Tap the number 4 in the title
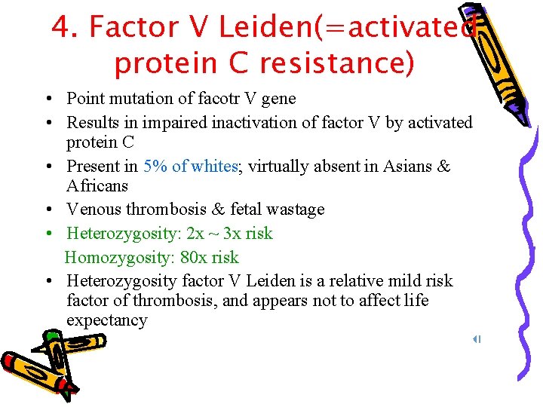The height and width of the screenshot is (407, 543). [x=61, y=28]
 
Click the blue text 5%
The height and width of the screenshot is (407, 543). [x=155, y=167]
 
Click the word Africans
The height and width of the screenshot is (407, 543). [x=97, y=186]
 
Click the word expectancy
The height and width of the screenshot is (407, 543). [x=106, y=320]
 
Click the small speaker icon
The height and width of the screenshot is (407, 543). [x=477, y=339]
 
